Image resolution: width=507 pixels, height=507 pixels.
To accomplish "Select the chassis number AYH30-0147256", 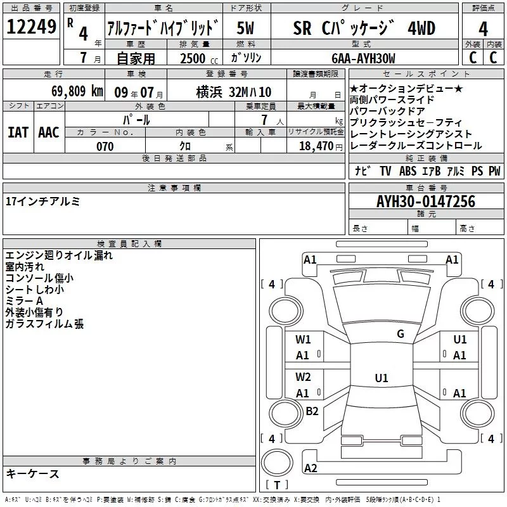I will [x=426, y=202].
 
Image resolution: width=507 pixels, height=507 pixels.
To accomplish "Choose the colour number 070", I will [x=105, y=146].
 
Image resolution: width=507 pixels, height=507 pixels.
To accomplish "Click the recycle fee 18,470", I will [x=315, y=146].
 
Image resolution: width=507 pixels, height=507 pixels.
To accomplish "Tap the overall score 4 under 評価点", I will [x=483, y=29].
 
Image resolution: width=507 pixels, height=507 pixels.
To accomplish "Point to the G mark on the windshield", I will [x=400, y=334].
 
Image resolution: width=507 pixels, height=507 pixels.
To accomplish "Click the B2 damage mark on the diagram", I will [x=312, y=411].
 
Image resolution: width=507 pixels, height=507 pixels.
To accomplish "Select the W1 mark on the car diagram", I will [x=303, y=339].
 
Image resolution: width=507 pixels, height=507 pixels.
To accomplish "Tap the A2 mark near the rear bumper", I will [x=311, y=468].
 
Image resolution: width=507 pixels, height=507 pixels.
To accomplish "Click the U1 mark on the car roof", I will [x=381, y=378].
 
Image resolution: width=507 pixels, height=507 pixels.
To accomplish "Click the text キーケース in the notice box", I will [x=32, y=473].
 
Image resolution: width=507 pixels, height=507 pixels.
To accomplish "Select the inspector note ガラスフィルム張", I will [x=44, y=324].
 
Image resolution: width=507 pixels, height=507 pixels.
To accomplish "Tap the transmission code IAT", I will [x=18, y=132].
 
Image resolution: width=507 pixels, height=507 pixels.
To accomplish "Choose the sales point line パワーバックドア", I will [x=387, y=111].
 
